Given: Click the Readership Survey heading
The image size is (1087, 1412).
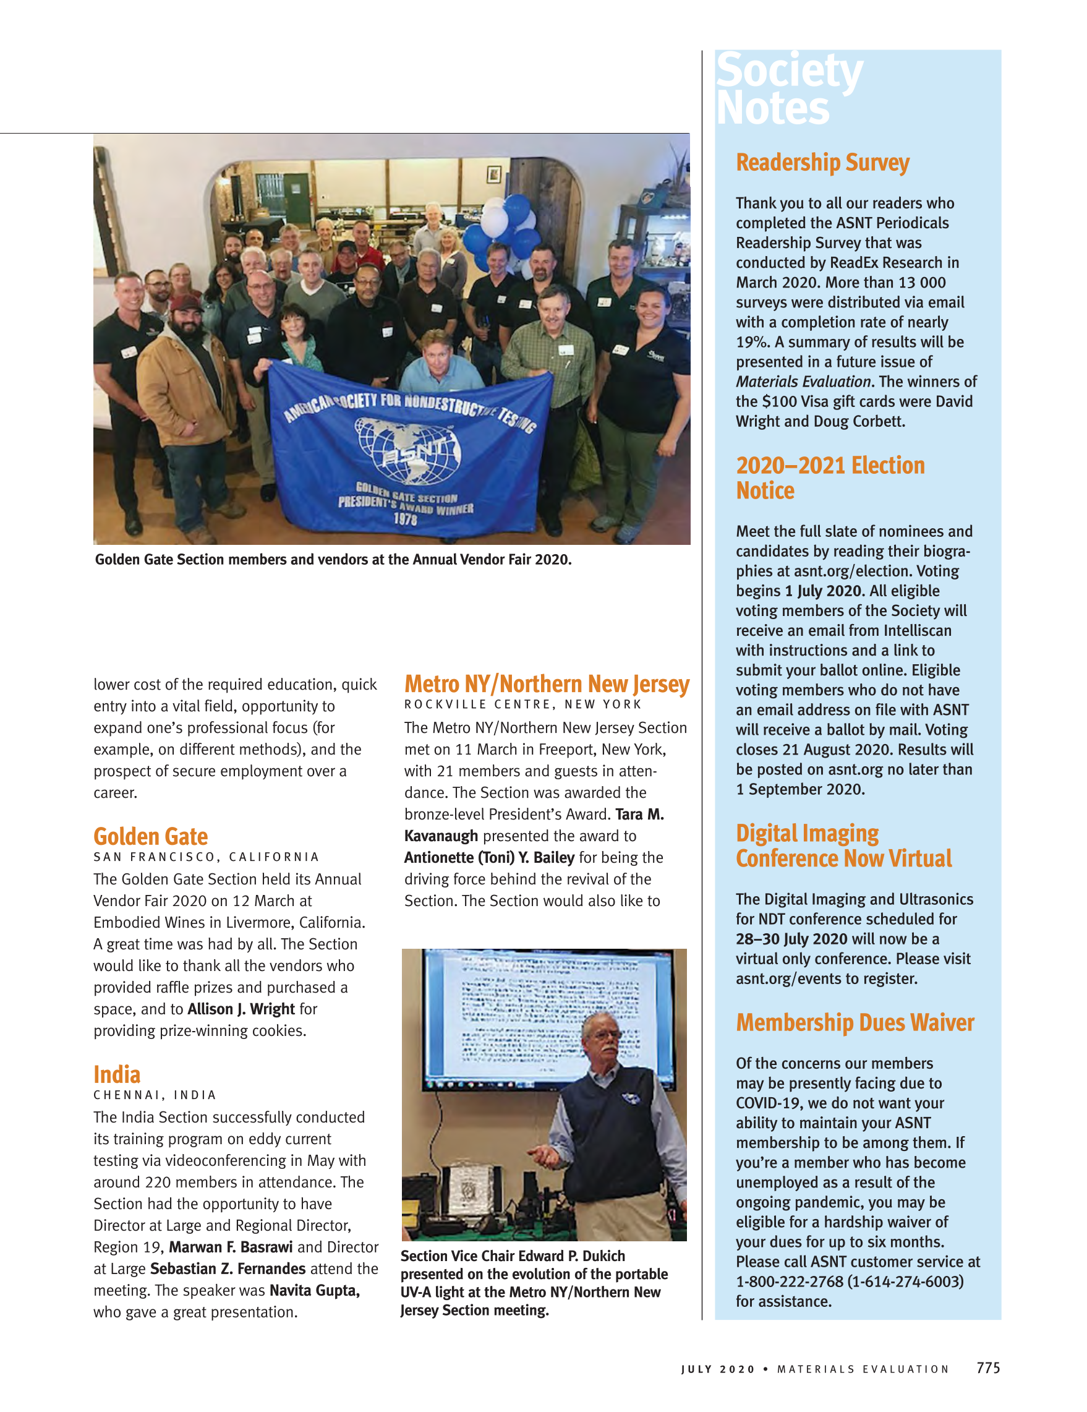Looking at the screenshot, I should (822, 162).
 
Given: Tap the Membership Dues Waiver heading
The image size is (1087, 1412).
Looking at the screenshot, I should (855, 1022).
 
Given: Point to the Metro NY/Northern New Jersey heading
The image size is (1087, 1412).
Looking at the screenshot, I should (547, 683).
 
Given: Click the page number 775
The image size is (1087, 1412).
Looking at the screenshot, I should (988, 1367).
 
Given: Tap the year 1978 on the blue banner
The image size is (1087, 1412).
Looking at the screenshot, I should (405, 518).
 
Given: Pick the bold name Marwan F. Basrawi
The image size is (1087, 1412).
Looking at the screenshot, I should (231, 1247).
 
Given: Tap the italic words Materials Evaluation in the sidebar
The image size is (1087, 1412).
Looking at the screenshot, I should (803, 382).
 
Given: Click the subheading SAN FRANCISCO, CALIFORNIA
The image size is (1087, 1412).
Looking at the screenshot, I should (206, 857).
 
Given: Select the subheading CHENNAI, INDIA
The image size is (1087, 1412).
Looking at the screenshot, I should (155, 1095).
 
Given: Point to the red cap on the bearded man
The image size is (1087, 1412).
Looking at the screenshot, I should (183, 304).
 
